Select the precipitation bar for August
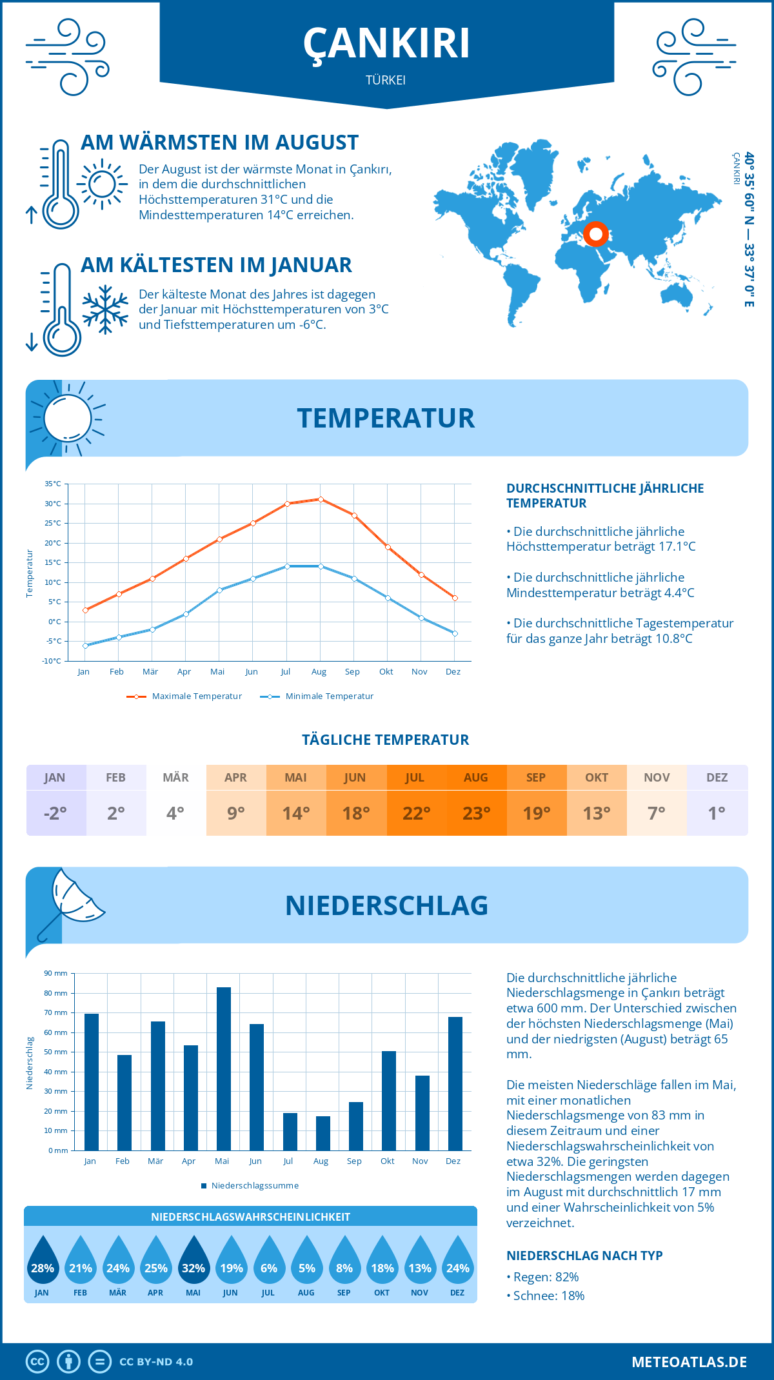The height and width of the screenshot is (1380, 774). (322, 1133)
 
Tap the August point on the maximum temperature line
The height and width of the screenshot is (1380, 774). (321, 499)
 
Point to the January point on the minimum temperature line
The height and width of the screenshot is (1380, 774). (85, 646)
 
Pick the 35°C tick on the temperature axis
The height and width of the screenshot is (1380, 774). (53, 484)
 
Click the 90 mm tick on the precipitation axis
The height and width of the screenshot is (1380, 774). (56, 973)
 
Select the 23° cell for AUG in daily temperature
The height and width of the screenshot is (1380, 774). (476, 813)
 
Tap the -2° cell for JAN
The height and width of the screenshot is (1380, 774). (55, 813)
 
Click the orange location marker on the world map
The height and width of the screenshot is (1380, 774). (596, 233)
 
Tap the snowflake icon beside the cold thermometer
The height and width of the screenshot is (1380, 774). (105, 310)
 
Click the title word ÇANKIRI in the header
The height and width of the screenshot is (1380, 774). (386, 44)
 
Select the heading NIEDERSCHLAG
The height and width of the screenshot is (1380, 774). (386, 905)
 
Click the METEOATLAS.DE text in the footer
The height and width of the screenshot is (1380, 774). (689, 1362)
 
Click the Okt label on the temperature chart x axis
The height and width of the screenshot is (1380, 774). (386, 672)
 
